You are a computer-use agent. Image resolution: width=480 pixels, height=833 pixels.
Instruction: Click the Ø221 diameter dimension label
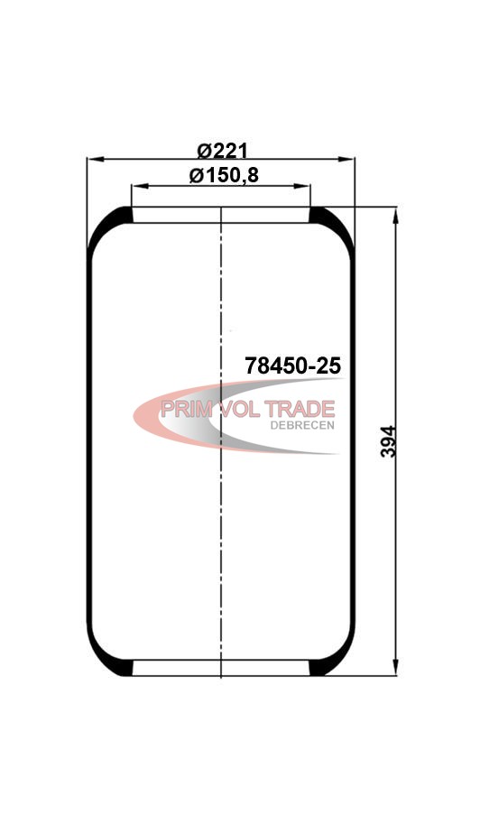pyautogui.click(x=223, y=152)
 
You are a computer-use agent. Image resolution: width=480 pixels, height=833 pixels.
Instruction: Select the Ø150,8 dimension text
pyautogui.click(x=224, y=175)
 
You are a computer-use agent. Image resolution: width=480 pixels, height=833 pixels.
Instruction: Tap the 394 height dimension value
pyautogui.click(x=389, y=441)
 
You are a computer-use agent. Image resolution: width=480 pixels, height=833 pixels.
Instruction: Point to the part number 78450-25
pyautogui.click(x=292, y=366)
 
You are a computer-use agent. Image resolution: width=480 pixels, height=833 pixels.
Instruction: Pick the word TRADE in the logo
pyautogui.click(x=300, y=410)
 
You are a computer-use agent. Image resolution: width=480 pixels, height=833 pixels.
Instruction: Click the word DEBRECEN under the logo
pyautogui.click(x=302, y=426)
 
